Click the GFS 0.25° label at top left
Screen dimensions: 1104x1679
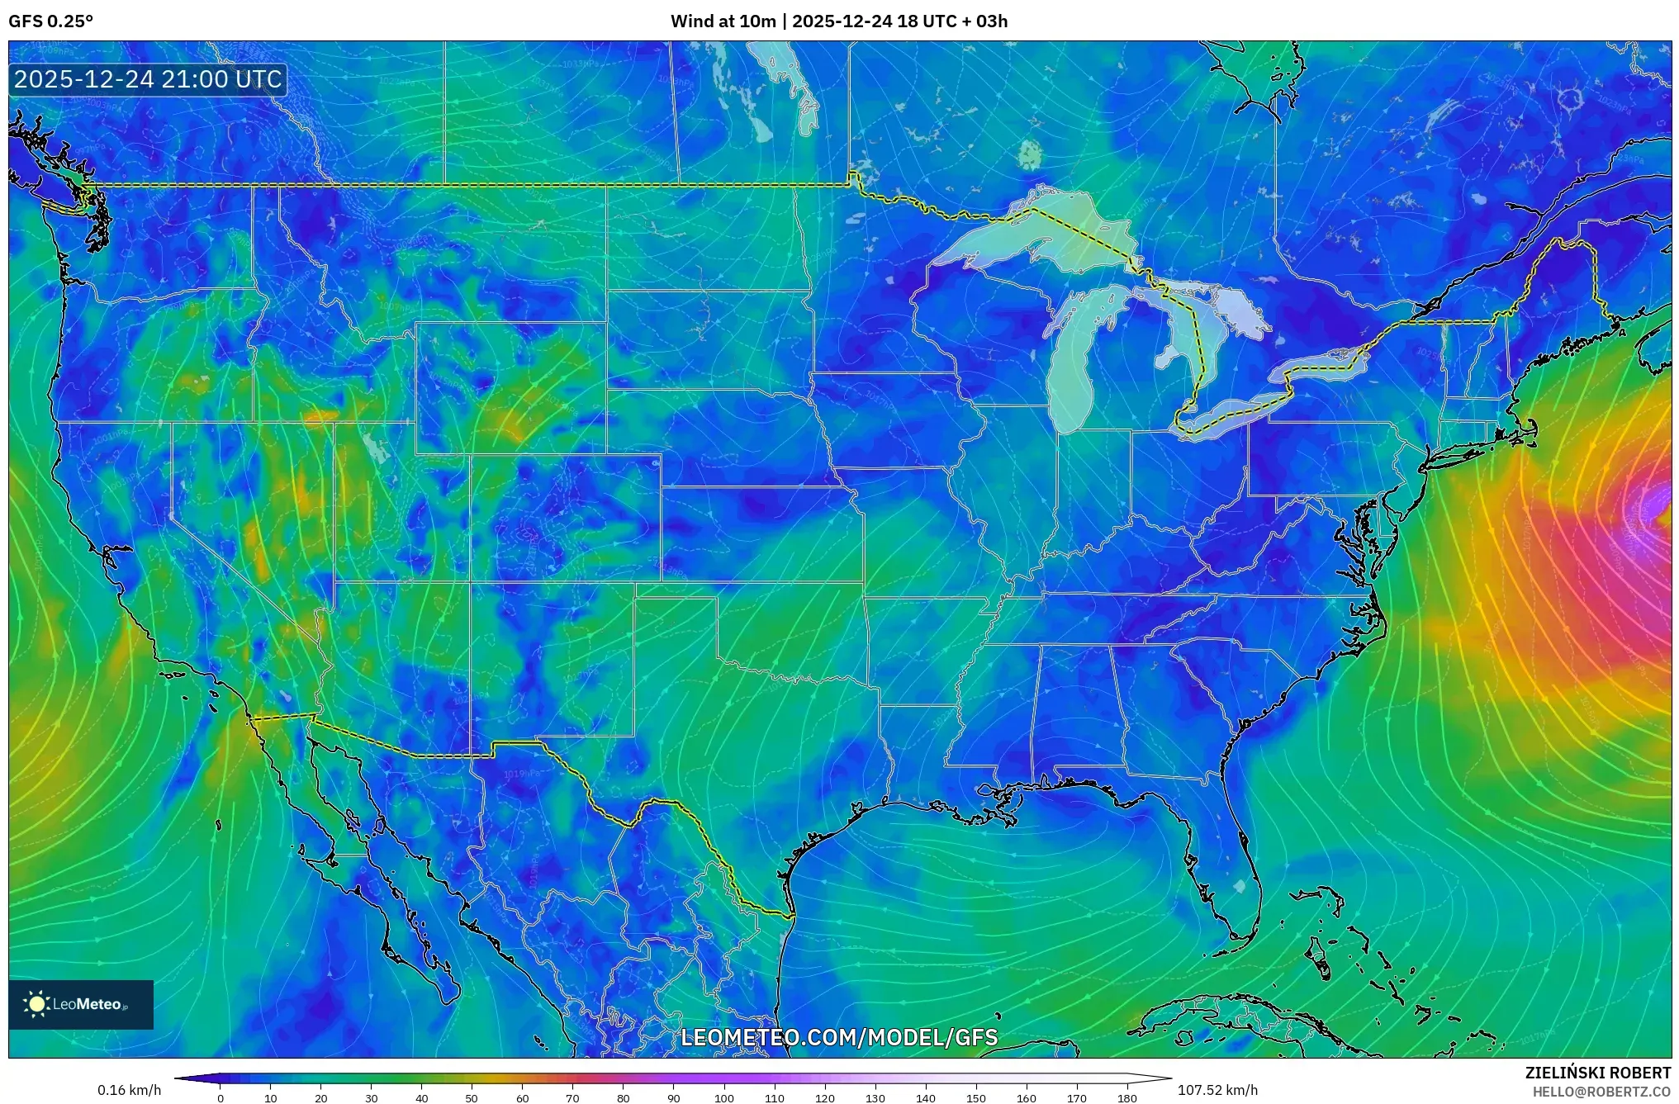pyautogui.click(x=50, y=21)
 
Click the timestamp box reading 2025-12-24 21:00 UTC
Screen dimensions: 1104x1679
pyautogui.click(x=148, y=80)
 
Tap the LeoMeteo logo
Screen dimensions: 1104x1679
pyautogui.click(x=80, y=1005)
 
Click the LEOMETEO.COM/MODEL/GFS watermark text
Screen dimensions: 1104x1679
pyautogui.click(x=839, y=1037)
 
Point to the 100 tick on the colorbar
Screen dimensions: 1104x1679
pyautogui.click(x=724, y=1098)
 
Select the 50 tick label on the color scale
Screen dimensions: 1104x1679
pyautogui.click(x=472, y=1098)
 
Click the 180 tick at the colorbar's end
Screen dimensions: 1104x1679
pyautogui.click(x=1126, y=1098)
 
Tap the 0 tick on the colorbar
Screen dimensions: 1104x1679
pyautogui.click(x=220, y=1098)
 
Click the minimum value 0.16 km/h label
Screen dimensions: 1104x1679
pyautogui.click(x=129, y=1090)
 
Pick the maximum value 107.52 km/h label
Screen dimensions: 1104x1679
pyautogui.click(x=1217, y=1090)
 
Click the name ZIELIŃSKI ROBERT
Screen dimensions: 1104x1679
pyautogui.click(x=1597, y=1073)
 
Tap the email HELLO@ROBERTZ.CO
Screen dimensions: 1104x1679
pyautogui.click(x=1601, y=1092)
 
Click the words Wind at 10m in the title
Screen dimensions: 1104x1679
pyautogui.click(x=723, y=21)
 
